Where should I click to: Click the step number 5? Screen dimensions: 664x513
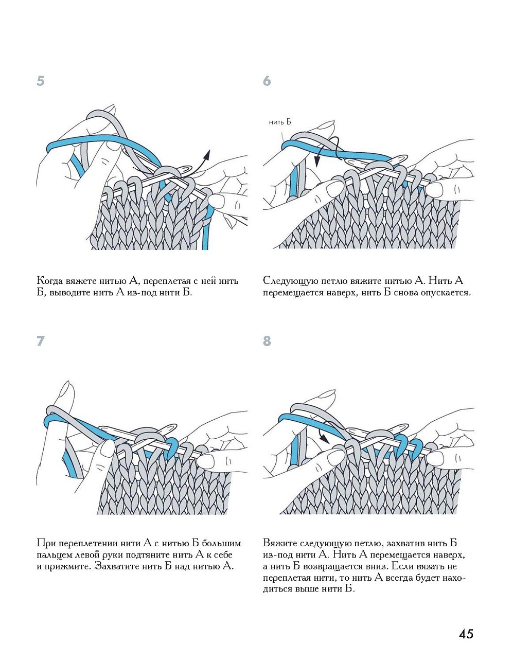click(x=41, y=81)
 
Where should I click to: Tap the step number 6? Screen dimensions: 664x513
click(x=267, y=81)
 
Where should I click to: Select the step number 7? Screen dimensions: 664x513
click(x=41, y=340)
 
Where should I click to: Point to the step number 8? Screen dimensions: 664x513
click(x=267, y=340)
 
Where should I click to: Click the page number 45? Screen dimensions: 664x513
click(x=466, y=634)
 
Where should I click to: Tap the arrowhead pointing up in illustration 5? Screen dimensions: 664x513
click(x=207, y=153)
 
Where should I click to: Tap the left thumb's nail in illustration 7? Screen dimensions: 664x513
click(x=108, y=448)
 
